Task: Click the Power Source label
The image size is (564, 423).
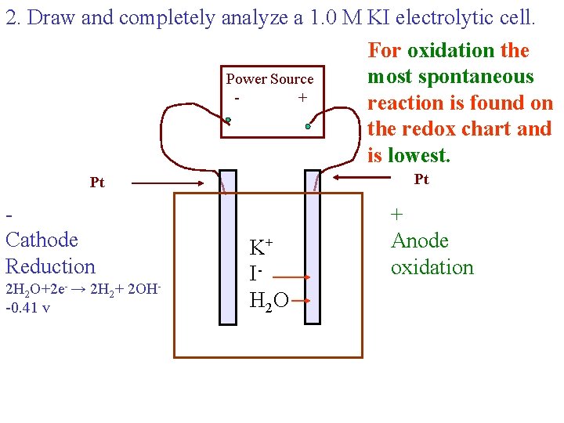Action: point(269,79)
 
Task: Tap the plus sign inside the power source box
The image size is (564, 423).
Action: point(302,98)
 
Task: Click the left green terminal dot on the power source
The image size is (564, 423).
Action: point(228,121)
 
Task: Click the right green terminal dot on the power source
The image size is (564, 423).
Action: point(309,125)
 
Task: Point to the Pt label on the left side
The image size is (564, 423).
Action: point(97,183)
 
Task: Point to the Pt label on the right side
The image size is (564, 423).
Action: point(421,179)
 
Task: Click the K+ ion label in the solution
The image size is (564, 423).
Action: point(260,248)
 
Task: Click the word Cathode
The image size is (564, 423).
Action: point(42,240)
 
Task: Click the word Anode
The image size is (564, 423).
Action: point(420,240)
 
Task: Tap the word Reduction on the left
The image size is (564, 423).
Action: point(50,266)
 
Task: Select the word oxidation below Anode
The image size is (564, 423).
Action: point(432,267)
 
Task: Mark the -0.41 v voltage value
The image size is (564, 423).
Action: point(27,308)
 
